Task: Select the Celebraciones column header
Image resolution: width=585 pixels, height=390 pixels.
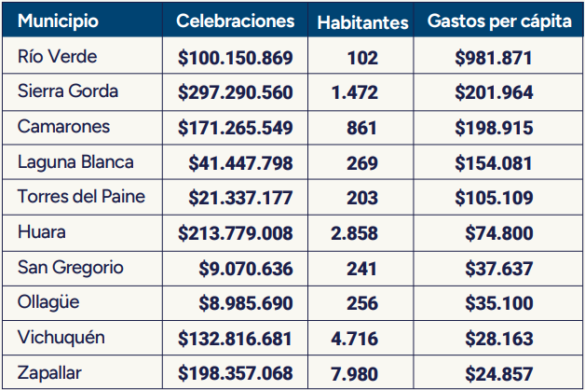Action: [x=235, y=21]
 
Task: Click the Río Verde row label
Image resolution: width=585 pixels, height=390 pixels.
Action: [x=57, y=57]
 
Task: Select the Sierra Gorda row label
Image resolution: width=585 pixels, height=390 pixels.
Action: [x=68, y=91]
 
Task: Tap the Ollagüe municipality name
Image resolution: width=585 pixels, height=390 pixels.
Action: [x=50, y=302]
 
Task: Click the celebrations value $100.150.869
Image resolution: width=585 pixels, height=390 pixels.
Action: [x=235, y=58]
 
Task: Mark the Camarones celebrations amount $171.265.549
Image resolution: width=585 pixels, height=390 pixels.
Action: [x=235, y=128]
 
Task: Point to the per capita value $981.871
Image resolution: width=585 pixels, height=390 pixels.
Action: [x=494, y=58]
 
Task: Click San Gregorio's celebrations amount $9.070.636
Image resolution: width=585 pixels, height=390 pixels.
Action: [x=246, y=268]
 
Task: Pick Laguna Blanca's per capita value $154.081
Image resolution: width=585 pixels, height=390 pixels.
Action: [x=494, y=162]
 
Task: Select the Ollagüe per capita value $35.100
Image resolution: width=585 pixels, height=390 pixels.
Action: [x=499, y=302]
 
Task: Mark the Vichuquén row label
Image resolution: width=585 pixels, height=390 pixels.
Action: [x=61, y=337]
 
